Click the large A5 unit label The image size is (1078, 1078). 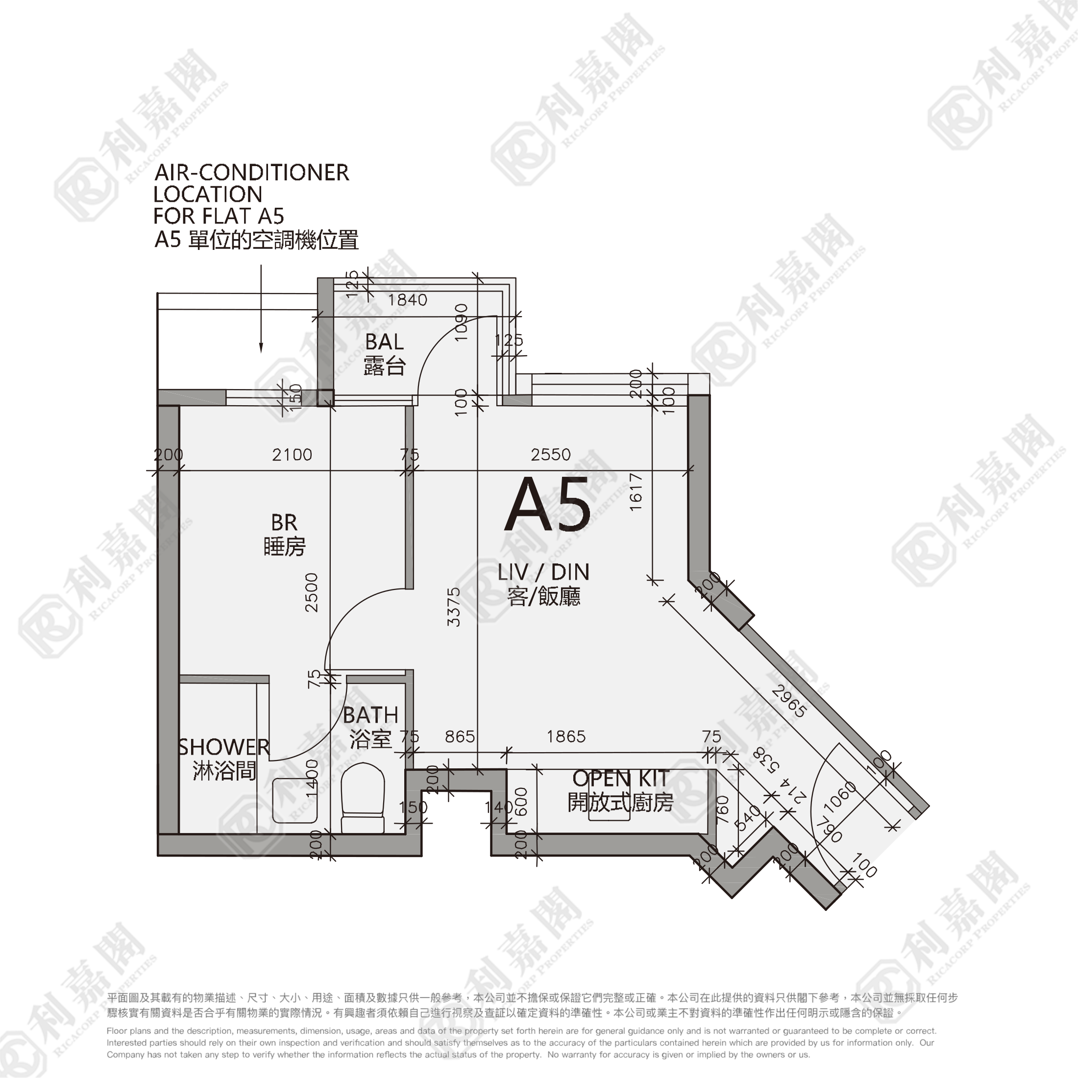click(547, 506)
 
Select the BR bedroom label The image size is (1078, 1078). click(284, 523)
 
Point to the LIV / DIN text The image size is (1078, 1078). click(543, 572)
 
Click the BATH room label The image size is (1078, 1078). click(370, 715)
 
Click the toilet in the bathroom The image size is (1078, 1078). click(363, 798)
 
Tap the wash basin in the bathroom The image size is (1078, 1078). click(294, 801)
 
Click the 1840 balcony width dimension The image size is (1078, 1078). click(407, 300)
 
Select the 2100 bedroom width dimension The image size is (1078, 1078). click(292, 455)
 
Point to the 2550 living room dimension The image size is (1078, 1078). click(551, 455)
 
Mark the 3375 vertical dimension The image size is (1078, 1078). click(454, 607)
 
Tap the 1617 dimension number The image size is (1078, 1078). click(636, 491)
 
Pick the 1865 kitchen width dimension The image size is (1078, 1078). click(566, 736)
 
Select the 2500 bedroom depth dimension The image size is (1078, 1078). click(311, 592)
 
